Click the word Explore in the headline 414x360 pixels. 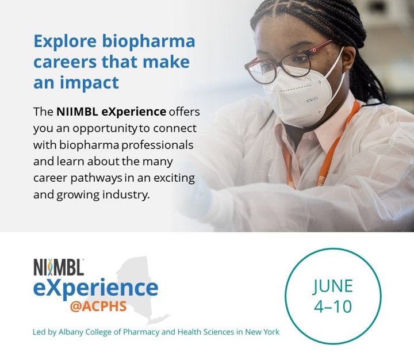click(65, 41)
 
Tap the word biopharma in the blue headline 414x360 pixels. click(149, 42)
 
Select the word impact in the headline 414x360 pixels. click(90, 83)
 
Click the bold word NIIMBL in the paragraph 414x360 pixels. click(78, 112)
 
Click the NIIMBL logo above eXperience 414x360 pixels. click(59, 267)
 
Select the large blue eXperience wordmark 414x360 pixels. click(95, 289)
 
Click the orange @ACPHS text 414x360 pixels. click(98, 307)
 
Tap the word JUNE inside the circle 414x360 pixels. click(332, 286)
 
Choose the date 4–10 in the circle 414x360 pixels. click(333, 306)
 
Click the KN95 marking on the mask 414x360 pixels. click(312, 100)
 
